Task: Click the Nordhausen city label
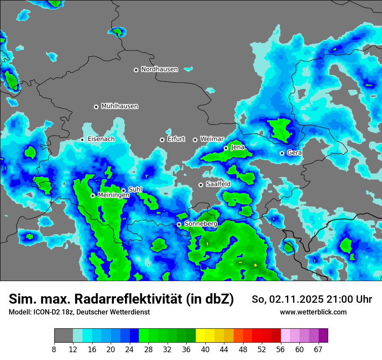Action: (x=159, y=69)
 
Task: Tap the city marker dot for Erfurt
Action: (x=162, y=140)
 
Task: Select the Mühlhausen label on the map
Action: (x=119, y=106)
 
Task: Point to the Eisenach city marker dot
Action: (x=82, y=140)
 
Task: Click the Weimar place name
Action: (x=212, y=139)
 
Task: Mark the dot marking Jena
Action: (x=226, y=148)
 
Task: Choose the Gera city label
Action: (x=294, y=153)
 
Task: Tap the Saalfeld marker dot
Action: (x=201, y=185)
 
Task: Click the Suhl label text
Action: (x=135, y=190)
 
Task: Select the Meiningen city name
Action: (x=114, y=196)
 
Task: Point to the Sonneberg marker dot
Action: (x=179, y=224)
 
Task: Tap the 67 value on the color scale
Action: (x=319, y=350)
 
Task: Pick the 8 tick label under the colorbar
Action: (x=54, y=350)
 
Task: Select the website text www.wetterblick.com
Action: (x=313, y=312)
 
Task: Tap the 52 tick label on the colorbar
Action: (x=261, y=350)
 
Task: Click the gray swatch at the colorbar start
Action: (x=63, y=336)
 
